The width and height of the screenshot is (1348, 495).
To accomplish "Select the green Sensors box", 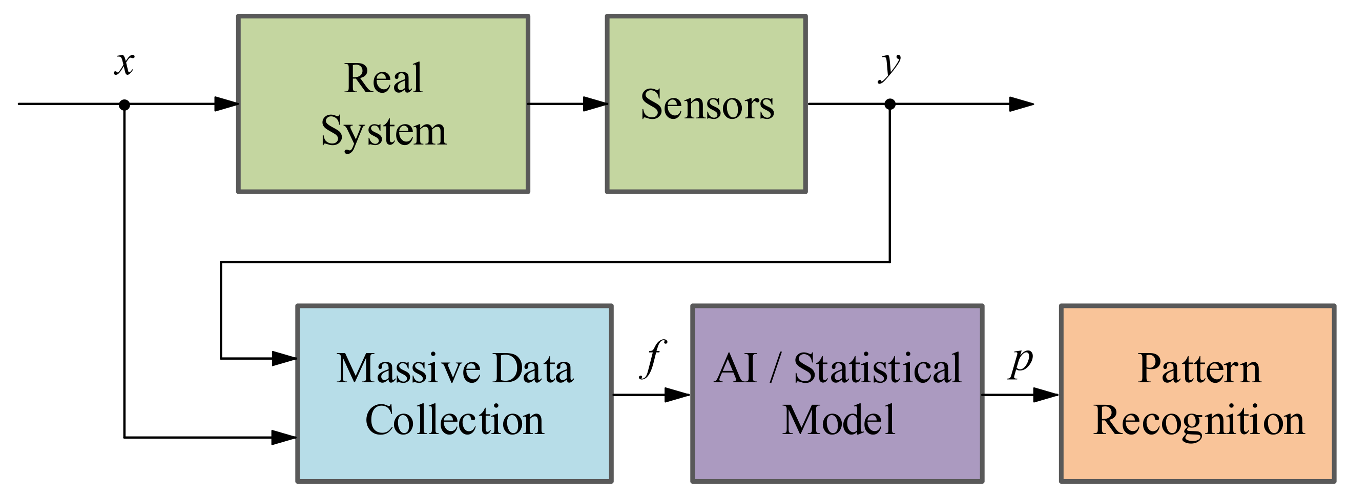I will (706, 157).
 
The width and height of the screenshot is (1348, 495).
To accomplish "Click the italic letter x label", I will (125, 64).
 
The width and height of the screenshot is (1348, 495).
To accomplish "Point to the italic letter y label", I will (889, 66).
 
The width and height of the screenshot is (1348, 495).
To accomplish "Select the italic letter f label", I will (653, 358).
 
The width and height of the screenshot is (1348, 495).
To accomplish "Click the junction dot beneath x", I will (124, 105).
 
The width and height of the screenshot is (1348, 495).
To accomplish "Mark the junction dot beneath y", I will (889, 104).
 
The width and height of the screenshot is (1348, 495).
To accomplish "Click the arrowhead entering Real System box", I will (226, 104).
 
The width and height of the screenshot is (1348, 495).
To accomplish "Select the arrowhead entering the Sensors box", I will (595, 104).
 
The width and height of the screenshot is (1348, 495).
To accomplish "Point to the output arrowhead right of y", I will (1021, 104).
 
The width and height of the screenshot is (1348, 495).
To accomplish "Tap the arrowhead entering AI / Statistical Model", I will (677, 395).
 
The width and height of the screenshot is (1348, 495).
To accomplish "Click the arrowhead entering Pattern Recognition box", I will (1045, 395).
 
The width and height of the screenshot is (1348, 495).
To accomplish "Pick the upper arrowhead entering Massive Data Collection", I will (285, 358).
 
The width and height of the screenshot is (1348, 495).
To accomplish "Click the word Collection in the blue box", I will (454, 420).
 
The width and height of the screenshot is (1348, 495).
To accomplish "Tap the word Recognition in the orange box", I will (1198, 420).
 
